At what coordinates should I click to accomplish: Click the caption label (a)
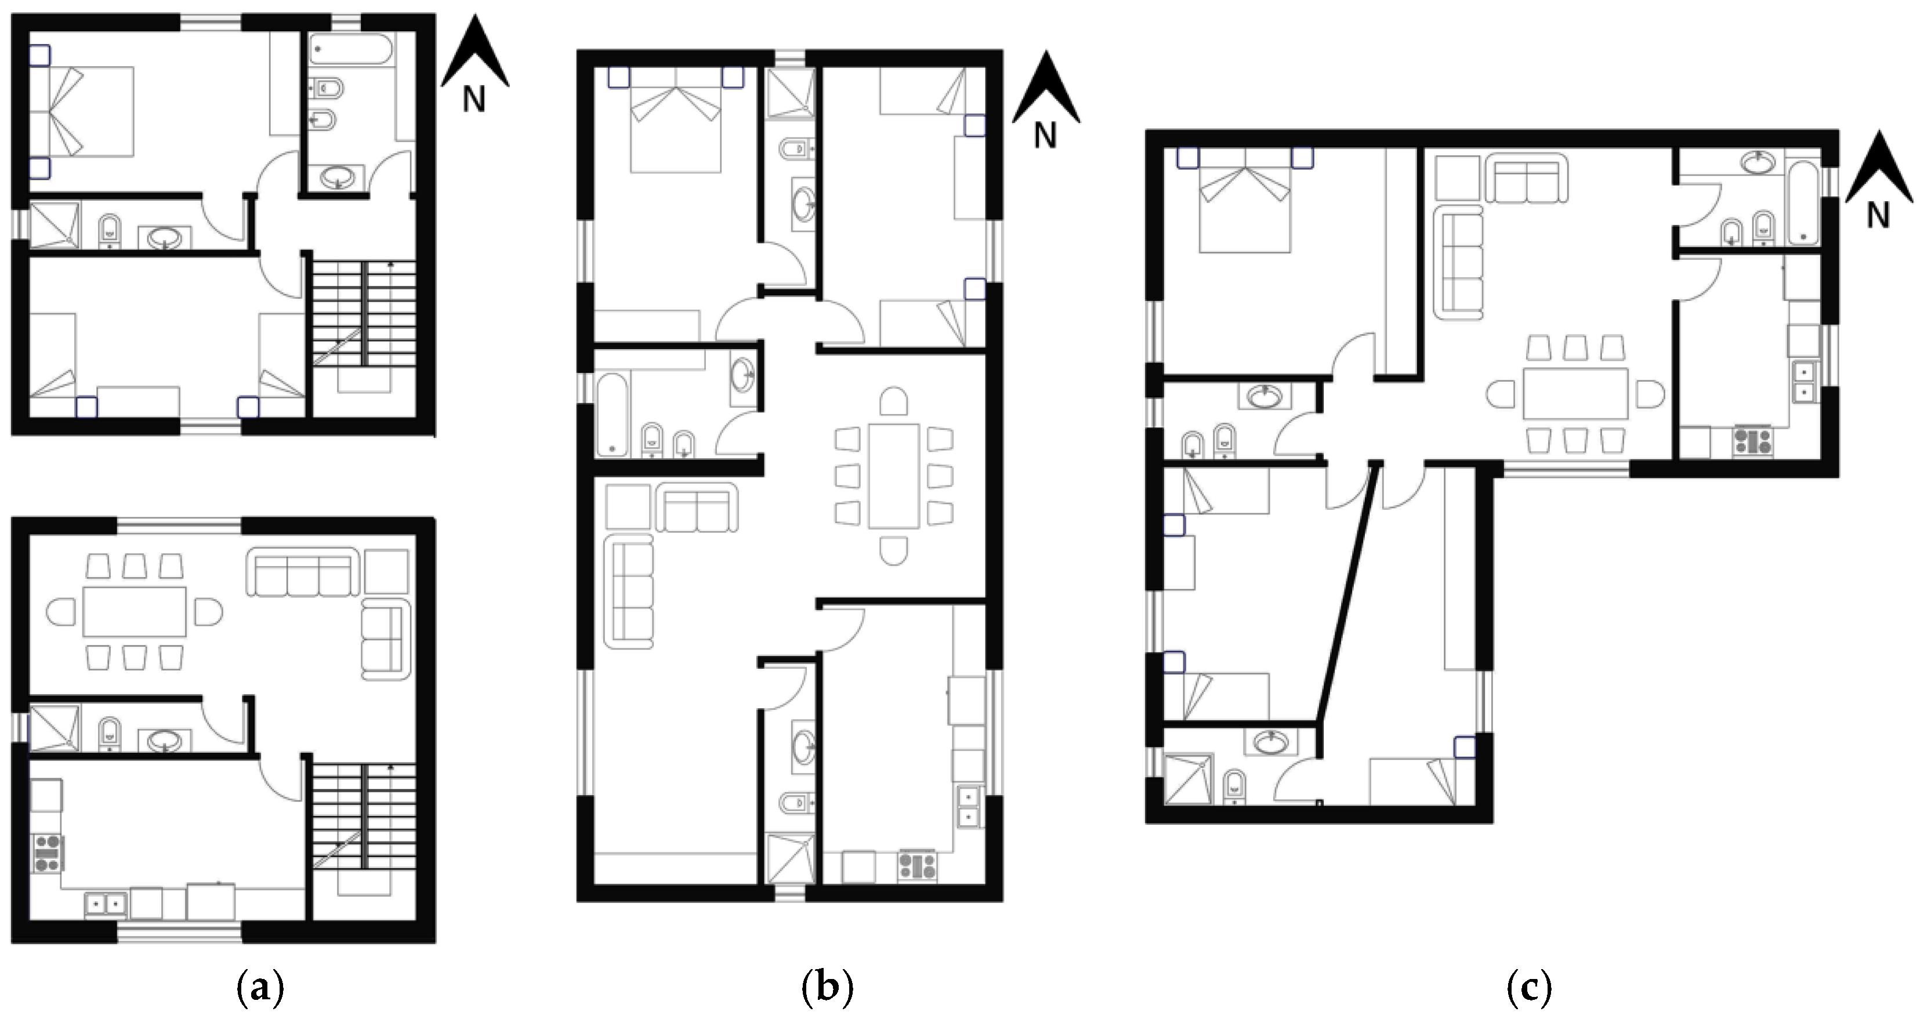(260, 989)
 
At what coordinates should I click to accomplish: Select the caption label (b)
(827, 989)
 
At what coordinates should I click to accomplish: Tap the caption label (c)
(1529, 989)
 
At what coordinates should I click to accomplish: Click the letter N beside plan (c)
(1878, 216)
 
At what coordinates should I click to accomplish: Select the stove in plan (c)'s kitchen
(1753, 440)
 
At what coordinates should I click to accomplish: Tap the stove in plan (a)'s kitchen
(48, 854)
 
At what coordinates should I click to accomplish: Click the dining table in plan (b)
(893, 476)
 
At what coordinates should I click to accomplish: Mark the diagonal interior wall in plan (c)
(1346, 594)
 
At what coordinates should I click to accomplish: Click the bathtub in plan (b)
(613, 415)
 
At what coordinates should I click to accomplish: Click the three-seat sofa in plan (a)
(303, 572)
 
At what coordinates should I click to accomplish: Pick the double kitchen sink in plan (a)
(106, 905)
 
